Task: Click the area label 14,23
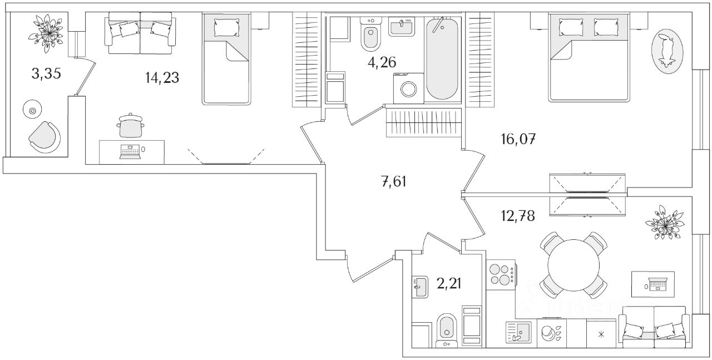[x=162, y=78]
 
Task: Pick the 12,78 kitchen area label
[x=517, y=216]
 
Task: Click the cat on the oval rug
[x=666, y=50]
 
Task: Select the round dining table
[x=574, y=265]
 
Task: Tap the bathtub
[x=443, y=58]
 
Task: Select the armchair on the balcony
[x=44, y=137]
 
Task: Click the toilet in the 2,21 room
[x=446, y=328]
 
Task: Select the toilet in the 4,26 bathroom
[x=370, y=37]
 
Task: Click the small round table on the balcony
[x=32, y=111]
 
